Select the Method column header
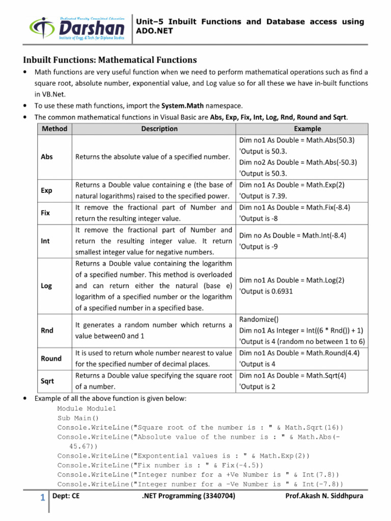coord(54,129)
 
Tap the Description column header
coord(159,129)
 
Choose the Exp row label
coord(46,190)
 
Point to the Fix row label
coord(45,213)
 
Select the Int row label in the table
coord(45,241)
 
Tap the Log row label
coord(46,286)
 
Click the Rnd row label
coord(47,331)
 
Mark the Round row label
coord(51,358)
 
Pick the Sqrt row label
coord(47,381)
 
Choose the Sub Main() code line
coord(78,418)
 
